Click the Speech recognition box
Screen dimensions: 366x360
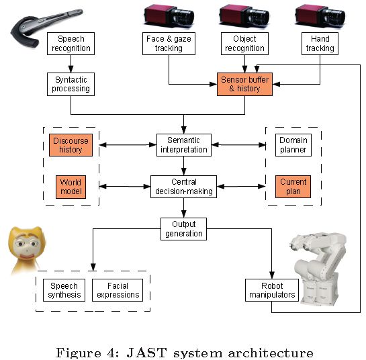(x=71, y=44)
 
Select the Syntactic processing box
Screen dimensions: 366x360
(x=71, y=84)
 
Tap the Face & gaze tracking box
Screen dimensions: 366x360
(x=169, y=44)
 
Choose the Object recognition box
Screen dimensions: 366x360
(x=244, y=44)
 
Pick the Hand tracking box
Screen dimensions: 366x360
(x=320, y=44)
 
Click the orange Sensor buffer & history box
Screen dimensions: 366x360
(x=244, y=84)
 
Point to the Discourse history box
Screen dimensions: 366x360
(x=71, y=145)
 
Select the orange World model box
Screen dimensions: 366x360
(x=71, y=187)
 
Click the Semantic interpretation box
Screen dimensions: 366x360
(x=184, y=145)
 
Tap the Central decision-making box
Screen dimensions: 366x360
(x=184, y=187)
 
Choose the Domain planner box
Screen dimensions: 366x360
(x=293, y=145)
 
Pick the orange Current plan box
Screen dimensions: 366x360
(x=293, y=187)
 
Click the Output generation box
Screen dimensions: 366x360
(x=184, y=229)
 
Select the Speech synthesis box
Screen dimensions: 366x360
(x=64, y=290)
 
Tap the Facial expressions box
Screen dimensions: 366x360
(x=118, y=290)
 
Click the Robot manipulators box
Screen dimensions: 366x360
(x=272, y=290)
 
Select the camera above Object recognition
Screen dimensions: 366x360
(x=244, y=16)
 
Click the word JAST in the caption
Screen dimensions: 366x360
(x=147, y=353)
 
